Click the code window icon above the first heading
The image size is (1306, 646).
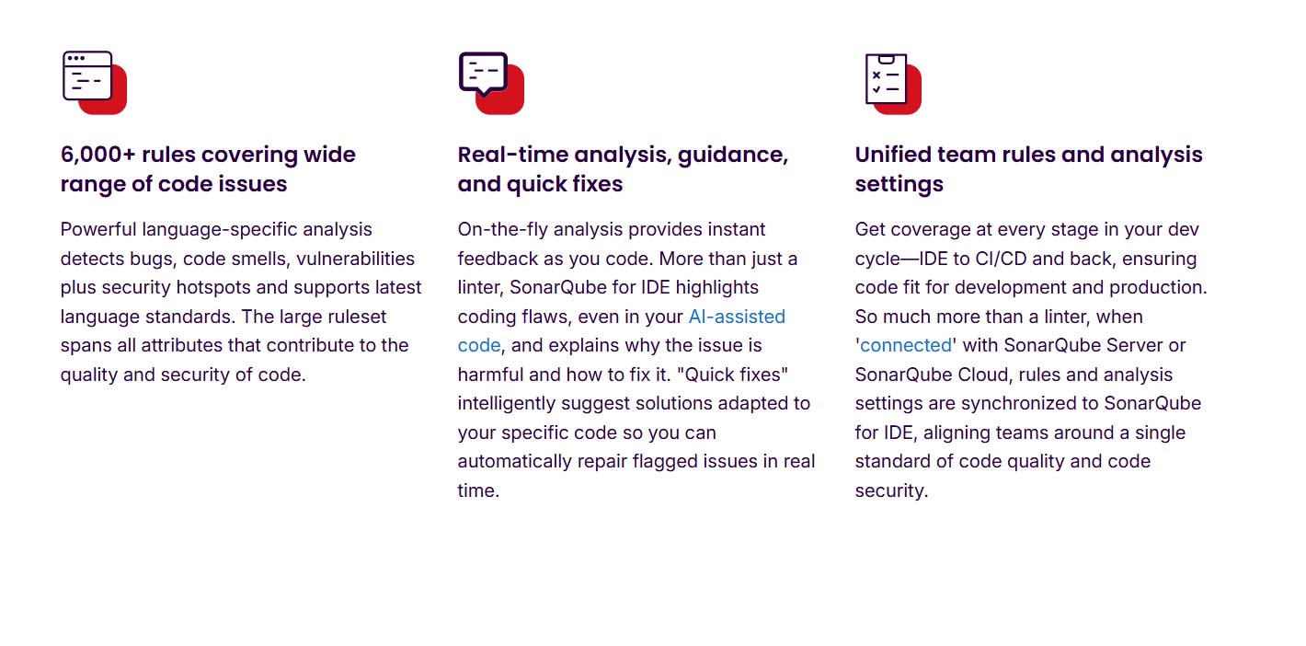93,82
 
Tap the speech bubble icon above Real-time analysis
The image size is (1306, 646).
489,81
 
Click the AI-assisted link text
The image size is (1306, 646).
737,317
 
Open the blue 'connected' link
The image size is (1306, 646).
906,345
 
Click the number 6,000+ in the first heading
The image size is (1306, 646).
97,155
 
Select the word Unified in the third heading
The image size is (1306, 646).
892,155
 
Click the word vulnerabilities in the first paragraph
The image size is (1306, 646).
355,259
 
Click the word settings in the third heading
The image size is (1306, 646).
899,184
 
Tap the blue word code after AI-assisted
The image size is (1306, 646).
479,345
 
